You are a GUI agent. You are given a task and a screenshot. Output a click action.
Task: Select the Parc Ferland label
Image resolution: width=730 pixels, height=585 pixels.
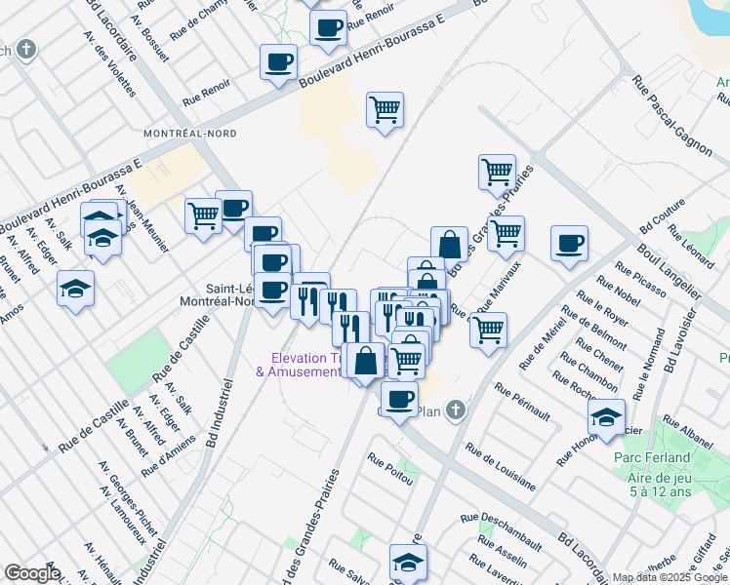point(653,457)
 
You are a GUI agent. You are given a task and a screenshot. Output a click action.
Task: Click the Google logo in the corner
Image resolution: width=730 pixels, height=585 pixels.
point(32,573)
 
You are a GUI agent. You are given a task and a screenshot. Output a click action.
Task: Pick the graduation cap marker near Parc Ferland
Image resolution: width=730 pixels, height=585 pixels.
point(606,416)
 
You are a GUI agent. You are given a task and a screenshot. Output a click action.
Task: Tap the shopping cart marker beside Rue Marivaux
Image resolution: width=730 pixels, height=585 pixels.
point(488,329)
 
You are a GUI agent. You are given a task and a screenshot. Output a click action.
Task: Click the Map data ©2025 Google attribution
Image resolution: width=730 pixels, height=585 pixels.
point(669,577)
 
